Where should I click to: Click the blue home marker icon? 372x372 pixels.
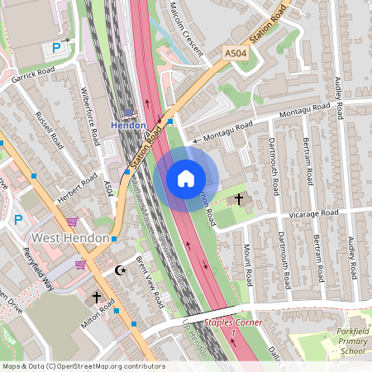(x=185, y=179)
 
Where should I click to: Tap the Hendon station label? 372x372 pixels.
(x=128, y=125)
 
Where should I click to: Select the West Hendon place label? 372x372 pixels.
(x=70, y=238)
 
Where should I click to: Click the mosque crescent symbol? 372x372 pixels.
(x=120, y=270)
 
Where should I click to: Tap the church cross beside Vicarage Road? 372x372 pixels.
(x=240, y=199)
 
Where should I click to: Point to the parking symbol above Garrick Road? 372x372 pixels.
(x=56, y=48)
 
